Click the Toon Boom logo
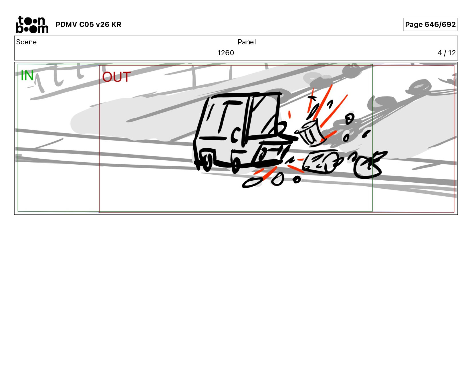coord(32,24)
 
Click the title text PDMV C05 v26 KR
coord(88,25)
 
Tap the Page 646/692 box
coord(430,24)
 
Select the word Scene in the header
coord(26,42)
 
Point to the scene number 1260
coord(225,53)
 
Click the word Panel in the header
coord(247,42)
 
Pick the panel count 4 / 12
coord(447,53)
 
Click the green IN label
coord(27,76)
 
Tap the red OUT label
coord(116,77)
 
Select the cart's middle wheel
coord(236,165)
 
